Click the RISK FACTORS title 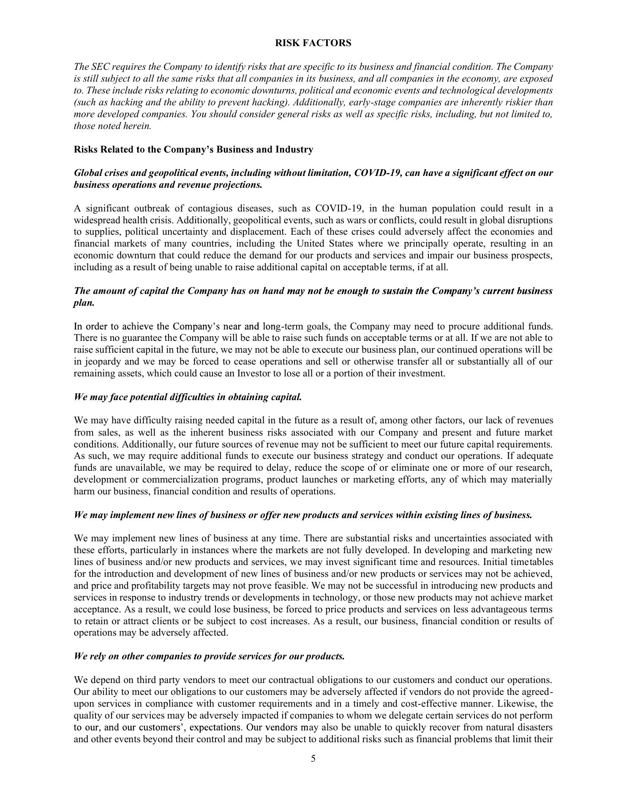313,43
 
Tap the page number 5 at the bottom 313,758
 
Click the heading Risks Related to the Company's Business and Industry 194,150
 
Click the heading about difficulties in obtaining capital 188,397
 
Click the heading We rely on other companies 209,656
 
